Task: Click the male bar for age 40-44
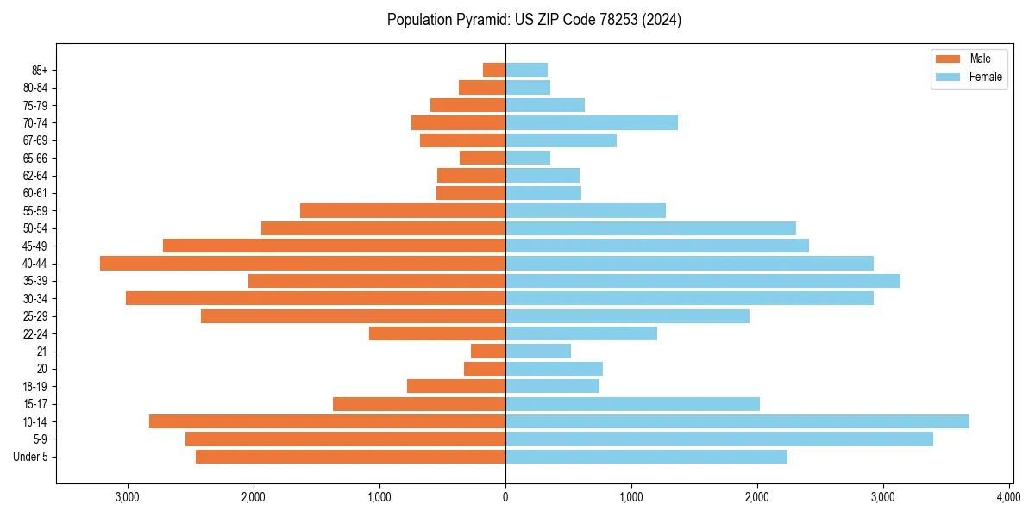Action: coord(302,263)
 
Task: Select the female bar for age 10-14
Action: coord(737,421)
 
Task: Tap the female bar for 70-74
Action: coord(592,122)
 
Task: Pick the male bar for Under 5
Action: coord(350,457)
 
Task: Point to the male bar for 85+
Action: coord(494,70)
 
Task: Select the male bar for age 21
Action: coord(488,351)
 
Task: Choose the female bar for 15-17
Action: coord(632,404)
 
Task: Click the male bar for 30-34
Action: coord(315,298)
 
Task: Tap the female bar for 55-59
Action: coord(586,210)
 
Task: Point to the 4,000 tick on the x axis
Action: coord(1008,497)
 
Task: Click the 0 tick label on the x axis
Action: coord(505,497)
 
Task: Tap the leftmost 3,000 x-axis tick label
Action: coord(127,497)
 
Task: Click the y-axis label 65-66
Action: coord(35,158)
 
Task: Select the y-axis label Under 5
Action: coord(31,457)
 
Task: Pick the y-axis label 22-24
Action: coord(35,333)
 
